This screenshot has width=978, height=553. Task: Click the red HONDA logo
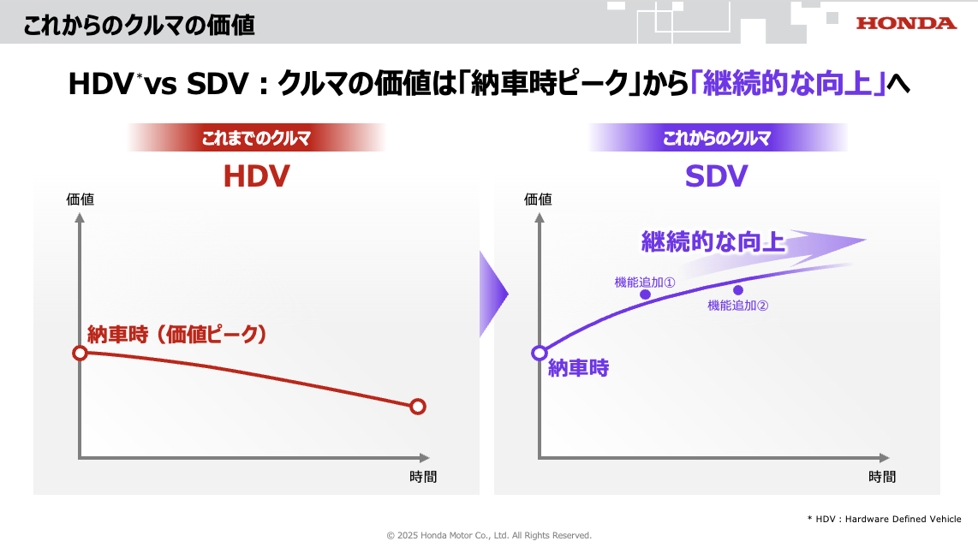906,24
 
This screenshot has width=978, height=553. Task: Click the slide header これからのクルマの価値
139,26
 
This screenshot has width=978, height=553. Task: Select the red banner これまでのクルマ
256,138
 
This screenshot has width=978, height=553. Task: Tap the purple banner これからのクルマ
718,138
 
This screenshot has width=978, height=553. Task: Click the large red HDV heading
256,175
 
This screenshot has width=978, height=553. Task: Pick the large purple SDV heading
716,175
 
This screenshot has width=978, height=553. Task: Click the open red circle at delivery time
80,354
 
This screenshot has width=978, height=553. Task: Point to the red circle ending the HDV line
418,407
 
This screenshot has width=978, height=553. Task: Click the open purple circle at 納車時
540,353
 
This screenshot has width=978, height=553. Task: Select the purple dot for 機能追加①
646,294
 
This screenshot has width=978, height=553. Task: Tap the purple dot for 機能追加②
738,290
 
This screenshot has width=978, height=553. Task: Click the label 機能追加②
738,306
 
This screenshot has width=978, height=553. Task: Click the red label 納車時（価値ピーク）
177,335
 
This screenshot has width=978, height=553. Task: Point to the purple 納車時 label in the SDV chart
578,368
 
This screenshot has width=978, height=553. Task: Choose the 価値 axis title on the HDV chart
80,199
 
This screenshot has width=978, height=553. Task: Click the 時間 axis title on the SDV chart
882,477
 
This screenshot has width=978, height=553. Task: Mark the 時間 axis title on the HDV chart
423,477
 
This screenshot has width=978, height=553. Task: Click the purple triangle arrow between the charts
492,294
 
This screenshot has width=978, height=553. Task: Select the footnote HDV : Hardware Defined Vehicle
885,519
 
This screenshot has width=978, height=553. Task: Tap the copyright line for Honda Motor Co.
489,536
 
